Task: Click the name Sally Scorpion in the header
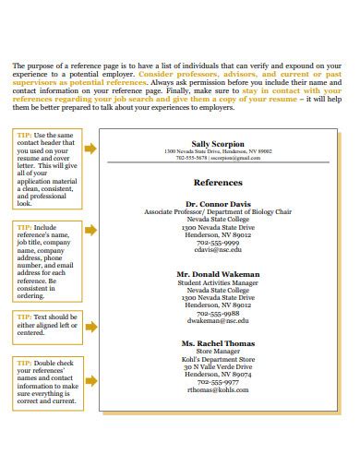218,144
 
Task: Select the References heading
218,182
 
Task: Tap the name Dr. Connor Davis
218,202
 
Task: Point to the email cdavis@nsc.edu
218,250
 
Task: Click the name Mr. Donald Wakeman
218,274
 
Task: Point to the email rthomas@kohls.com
218,389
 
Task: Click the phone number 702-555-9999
218,242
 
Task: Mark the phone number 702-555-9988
218,314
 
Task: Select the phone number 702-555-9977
218,382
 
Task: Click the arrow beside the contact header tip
90,148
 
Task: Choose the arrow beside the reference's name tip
90,229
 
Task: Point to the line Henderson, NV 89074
218,374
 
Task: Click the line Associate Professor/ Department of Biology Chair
218,210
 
